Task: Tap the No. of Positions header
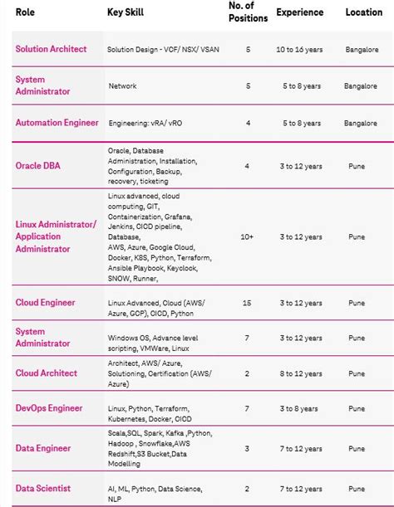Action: click(x=247, y=12)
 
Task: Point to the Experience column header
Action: click(x=299, y=12)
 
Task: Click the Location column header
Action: click(x=363, y=12)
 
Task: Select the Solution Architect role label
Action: click(x=51, y=49)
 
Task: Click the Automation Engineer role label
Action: click(x=57, y=123)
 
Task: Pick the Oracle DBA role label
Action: click(x=37, y=166)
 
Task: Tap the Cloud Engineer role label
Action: click(x=47, y=303)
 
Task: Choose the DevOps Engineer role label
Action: click(x=49, y=407)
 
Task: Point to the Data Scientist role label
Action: click(x=42, y=489)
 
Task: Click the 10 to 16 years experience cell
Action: click(x=299, y=50)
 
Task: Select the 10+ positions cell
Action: click(x=247, y=236)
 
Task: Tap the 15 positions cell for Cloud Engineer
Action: click(x=247, y=304)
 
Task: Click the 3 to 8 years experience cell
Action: click(x=299, y=408)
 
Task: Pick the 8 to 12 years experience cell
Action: click(x=299, y=374)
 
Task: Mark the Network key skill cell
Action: click(x=123, y=85)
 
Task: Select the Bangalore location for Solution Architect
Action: click(x=361, y=50)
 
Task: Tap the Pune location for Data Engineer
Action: click(x=357, y=449)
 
